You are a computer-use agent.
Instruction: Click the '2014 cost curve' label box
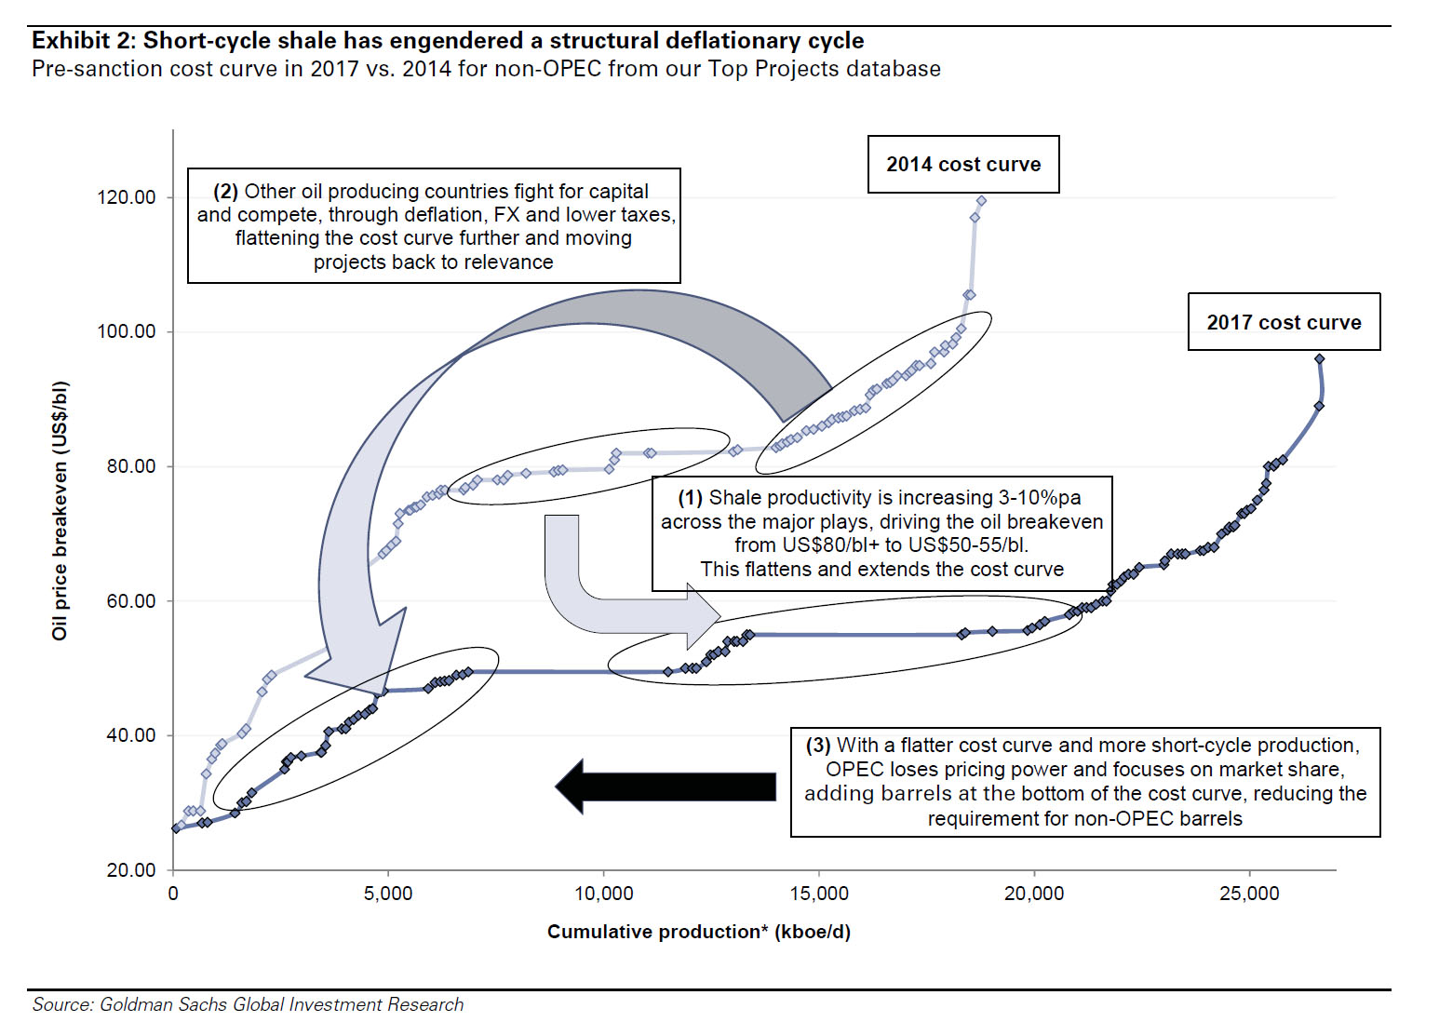click(963, 165)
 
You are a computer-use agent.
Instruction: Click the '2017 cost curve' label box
click(1284, 322)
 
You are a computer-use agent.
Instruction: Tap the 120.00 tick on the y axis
click(127, 197)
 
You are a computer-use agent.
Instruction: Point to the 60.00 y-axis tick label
click(130, 601)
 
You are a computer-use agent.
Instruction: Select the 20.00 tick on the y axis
click(130, 870)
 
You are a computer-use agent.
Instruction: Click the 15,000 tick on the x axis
click(819, 894)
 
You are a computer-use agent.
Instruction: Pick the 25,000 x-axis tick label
click(1249, 894)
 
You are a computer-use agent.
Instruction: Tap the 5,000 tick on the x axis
click(388, 894)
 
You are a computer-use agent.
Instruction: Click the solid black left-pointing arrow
click(666, 787)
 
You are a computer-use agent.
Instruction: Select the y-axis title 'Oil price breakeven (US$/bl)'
click(60, 510)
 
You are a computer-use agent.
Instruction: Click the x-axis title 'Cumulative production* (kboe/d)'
click(698, 932)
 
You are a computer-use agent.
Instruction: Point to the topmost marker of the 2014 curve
click(981, 201)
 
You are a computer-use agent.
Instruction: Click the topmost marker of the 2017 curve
click(1319, 359)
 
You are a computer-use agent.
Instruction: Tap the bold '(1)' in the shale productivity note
click(690, 498)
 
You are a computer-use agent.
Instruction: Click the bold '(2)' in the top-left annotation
click(225, 192)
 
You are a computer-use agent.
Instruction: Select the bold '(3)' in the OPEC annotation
click(817, 746)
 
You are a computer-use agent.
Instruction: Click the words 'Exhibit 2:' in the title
click(84, 41)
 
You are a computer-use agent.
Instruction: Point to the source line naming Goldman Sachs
click(248, 1004)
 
